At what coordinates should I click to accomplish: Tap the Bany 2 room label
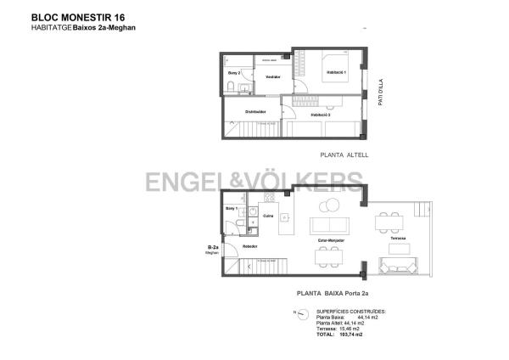pyautogui.click(x=234, y=73)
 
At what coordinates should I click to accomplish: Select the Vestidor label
pyautogui.click(x=272, y=77)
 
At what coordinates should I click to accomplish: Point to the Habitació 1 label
pyautogui.click(x=337, y=73)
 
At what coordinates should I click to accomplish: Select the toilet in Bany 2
pyautogui.click(x=232, y=87)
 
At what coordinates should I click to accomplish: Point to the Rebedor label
pyautogui.click(x=249, y=246)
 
